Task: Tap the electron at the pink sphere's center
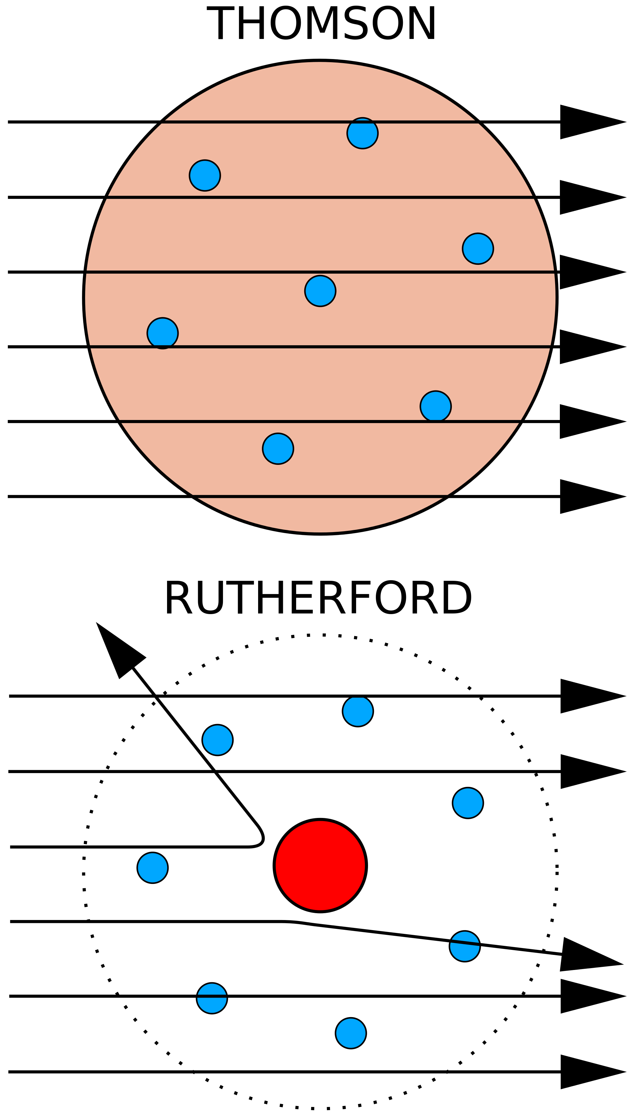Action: point(320,291)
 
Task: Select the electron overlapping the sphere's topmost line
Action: point(362,133)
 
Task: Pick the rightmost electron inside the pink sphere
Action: point(478,248)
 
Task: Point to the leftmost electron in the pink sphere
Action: point(163,333)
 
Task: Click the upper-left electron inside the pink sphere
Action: point(204,175)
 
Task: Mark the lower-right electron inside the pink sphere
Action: point(436,406)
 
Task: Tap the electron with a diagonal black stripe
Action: point(465,946)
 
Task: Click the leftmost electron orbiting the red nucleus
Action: point(153,867)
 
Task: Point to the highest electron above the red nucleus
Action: point(358,711)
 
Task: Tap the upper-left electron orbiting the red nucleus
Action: point(217,740)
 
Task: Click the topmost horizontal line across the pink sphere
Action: point(260,122)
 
